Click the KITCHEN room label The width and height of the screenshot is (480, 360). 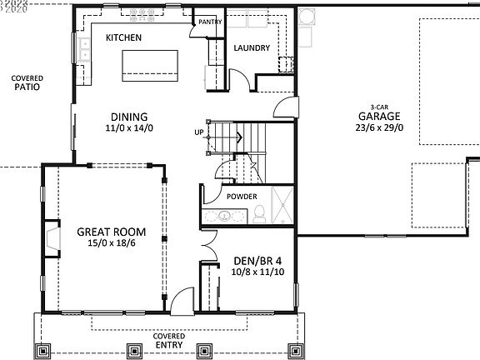tap(123, 38)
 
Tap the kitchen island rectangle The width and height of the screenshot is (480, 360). tap(151, 65)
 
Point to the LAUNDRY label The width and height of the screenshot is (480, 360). tap(251, 48)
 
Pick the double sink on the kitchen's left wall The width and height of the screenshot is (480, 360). tap(83, 49)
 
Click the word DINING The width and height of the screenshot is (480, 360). tap(129, 117)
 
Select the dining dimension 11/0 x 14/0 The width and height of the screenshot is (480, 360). tap(129, 130)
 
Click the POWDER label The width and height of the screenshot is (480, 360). tap(242, 197)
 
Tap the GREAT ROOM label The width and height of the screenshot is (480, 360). tap(112, 232)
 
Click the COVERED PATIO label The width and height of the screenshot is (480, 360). tap(27, 83)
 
